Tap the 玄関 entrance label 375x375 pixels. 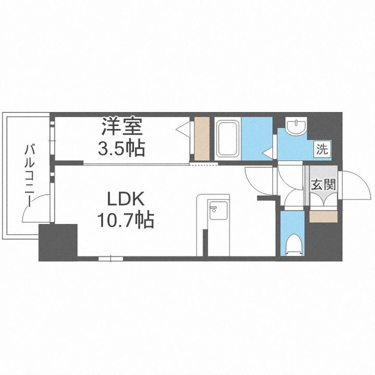click(x=323, y=184)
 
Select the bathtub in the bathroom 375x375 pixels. click(x=228, y=139)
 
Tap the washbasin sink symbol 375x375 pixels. click(x=296, y=127)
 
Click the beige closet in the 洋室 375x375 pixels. click(x=202, y=139)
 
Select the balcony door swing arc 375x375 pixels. click(x=37, y=207)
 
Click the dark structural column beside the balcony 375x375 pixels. click(x=58, y=242)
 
